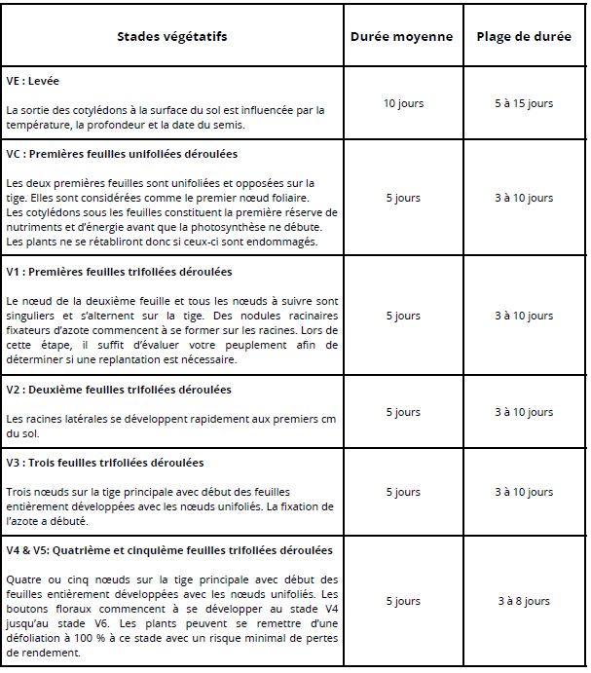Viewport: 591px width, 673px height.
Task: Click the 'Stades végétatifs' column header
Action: (x=171, y=37)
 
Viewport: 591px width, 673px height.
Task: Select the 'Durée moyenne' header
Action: (x=401, y=37)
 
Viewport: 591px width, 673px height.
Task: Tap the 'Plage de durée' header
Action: (x=523, y=37)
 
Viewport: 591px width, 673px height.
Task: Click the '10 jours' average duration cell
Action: (x=401, y=103)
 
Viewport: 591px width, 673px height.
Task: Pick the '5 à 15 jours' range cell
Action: (x=523, y=103)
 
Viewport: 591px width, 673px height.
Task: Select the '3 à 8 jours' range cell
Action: (x=523, y=601)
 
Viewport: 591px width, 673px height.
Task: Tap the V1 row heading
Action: (x=119, y=271)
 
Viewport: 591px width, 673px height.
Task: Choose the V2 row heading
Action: (x=119, y=390)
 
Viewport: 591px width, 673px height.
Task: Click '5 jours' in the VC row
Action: (x=401, y=198)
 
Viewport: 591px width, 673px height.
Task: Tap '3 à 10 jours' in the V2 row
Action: (x=523, y=412)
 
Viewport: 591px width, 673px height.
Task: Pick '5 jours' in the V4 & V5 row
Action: (x=401, y=601)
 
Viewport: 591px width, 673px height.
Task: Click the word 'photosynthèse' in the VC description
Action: (x=258, y=227)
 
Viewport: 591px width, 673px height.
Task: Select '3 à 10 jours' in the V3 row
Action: (x=523, y=492)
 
